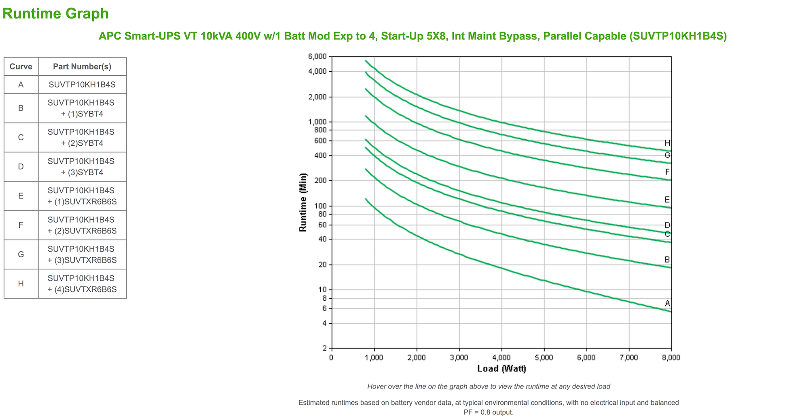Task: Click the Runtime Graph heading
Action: click(x=55, y=13)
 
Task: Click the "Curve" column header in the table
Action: click(x=21, y=66)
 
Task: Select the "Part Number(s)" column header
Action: click(x=82, y=66)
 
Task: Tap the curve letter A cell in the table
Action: click(x=21, y=85)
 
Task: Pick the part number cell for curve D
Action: click(x=82, y=167)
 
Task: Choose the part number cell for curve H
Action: click(x=82, y=284)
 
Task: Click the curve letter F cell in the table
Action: click(x=21, y=225)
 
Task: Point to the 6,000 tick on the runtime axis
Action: click(x=317, y=56)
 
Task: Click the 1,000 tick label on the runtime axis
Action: click(x=317, y=122)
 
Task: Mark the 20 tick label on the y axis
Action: click(x=322, y=265)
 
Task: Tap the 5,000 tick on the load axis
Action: click(x=544, y=358)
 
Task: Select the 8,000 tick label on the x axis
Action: click(x=671, y=358)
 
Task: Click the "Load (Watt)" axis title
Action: click(x=501, y=369)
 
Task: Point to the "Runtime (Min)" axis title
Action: click(x=303, y=202)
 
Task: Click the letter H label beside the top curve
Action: click(x=667, y=143)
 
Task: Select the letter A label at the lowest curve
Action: click(x=667, y=303)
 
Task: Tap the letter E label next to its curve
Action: click(x=667, y=199)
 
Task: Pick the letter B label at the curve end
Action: click(x=667, y=259)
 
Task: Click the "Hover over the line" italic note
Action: click(x=489, y=386)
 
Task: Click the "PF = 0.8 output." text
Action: click(x=489, y=412)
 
